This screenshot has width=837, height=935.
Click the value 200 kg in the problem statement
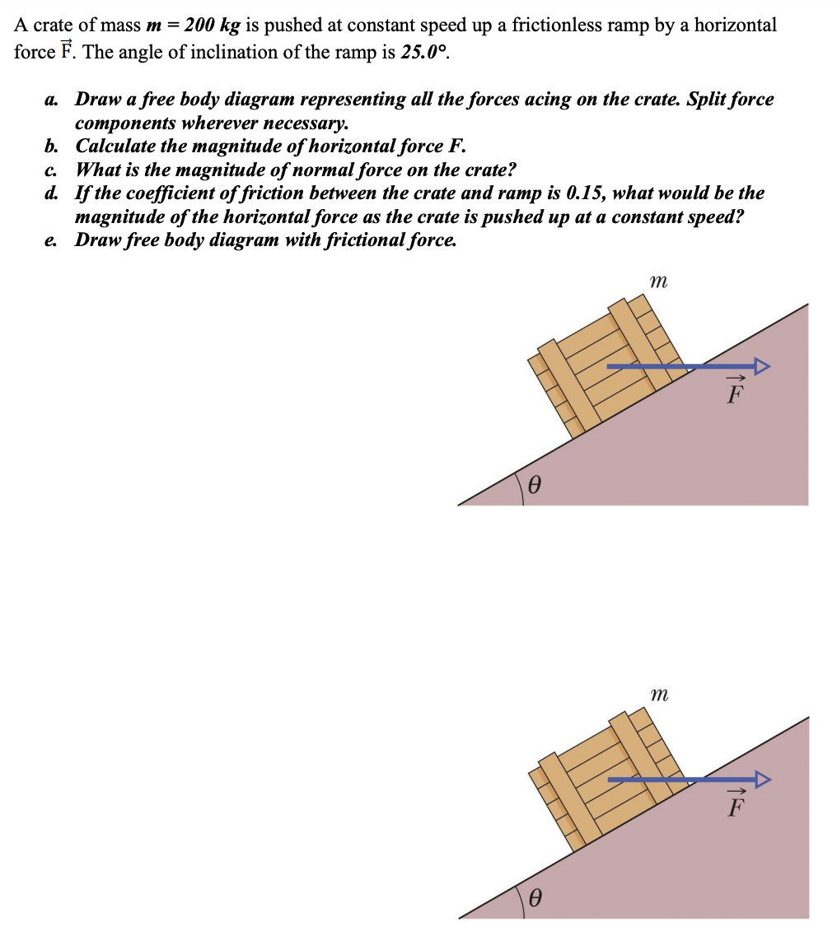(x=211, y=25)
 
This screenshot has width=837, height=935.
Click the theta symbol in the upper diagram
(x=534, y=486)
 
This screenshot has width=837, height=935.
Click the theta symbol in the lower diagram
(x=534, y=900)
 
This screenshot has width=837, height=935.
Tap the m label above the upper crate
(x=657, y=281)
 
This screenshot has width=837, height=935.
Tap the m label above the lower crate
(x=657, y=695)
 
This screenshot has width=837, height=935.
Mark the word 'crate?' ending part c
(x=489, y=170)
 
